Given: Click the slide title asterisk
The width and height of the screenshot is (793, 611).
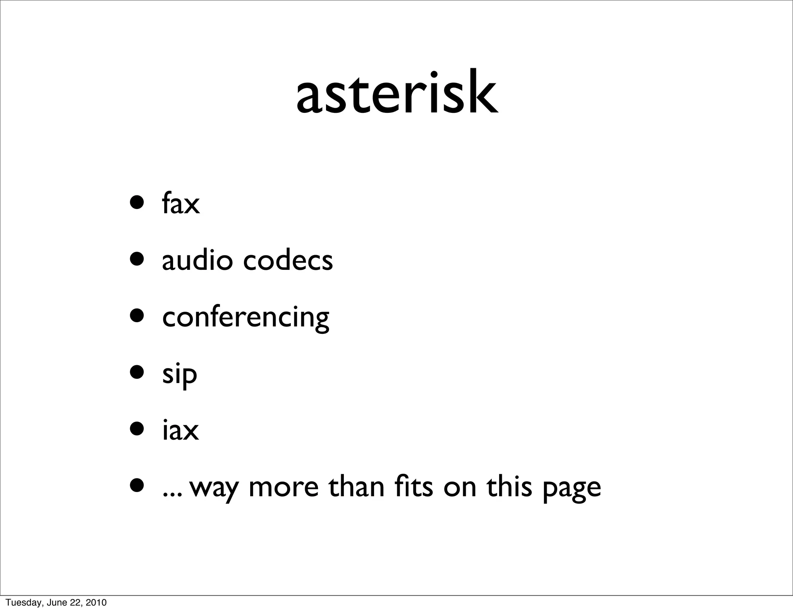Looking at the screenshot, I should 397,93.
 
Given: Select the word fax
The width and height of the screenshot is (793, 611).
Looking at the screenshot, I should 181,203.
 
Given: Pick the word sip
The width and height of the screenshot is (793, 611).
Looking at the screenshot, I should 180,375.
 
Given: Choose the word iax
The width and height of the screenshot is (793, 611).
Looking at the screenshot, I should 180,430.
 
